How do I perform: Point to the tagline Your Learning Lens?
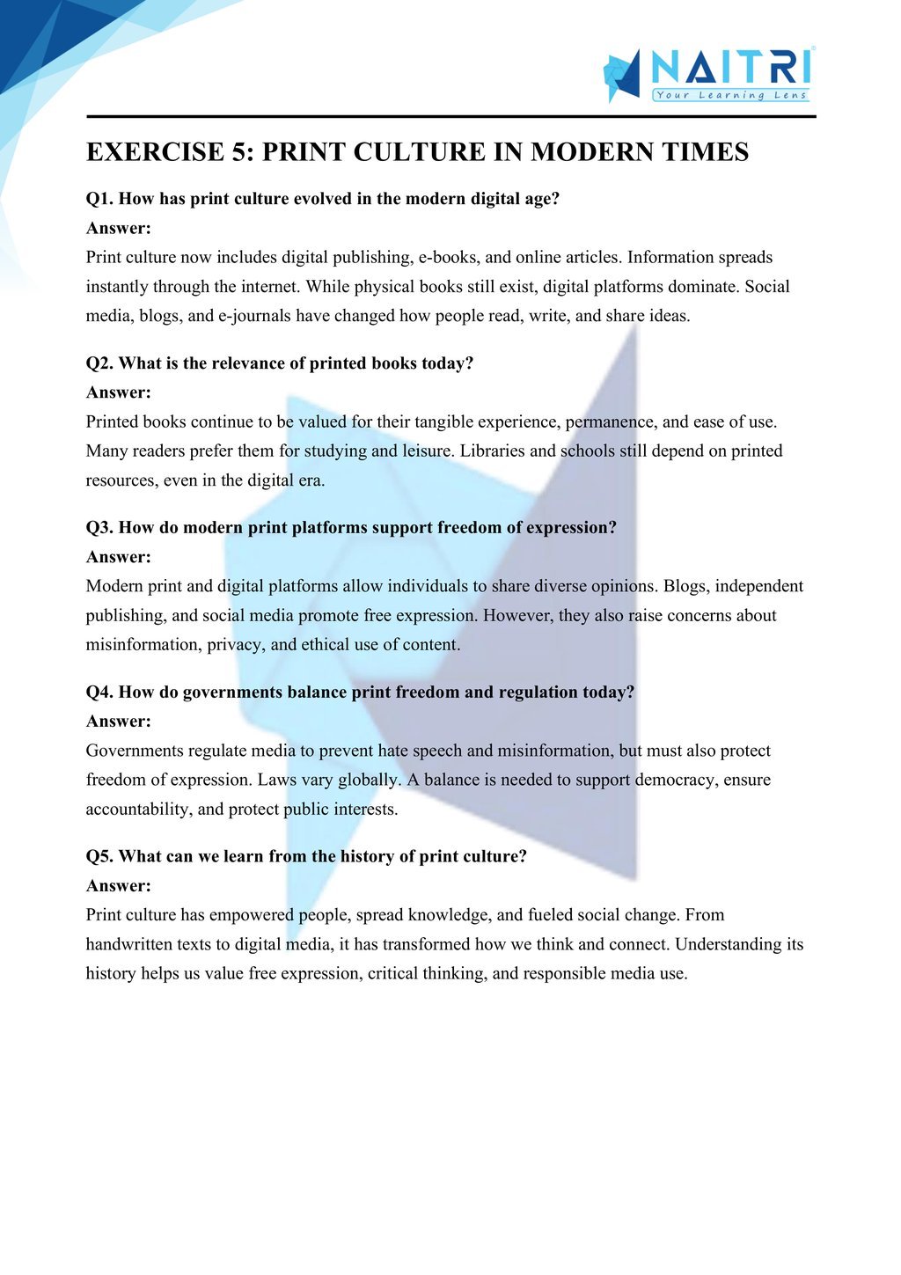(x=730, y=95)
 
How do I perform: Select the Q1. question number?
(x=99, y=199)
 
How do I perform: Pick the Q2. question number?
(x=99, y=363)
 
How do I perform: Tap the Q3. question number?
(x=99, y=528)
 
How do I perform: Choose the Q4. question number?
(x=99, y=692)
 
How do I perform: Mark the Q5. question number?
(x=99, y=857)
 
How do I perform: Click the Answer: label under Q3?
(x=119, y=557)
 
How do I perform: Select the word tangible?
(x=446, y=422)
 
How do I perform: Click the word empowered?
(x=252, y=915)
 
